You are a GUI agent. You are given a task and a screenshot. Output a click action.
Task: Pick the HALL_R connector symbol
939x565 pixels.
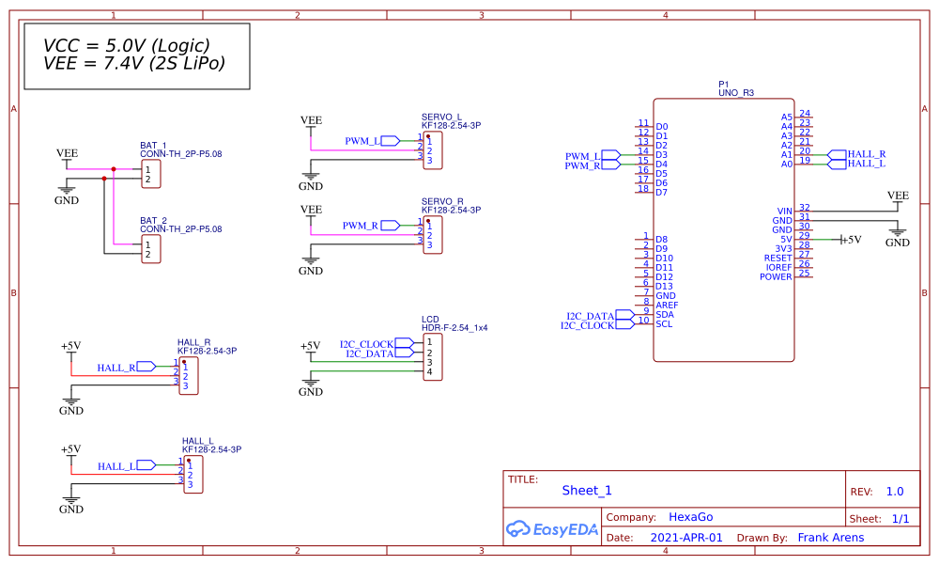[x=188, y=376]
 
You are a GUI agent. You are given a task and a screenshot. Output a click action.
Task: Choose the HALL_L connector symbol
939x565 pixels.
[x=192, y=474]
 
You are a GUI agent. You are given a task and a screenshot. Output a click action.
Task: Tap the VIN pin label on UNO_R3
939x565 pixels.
[x=785, y=212]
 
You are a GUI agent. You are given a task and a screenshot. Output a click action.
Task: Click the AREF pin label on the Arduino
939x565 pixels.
[x=667, y=306]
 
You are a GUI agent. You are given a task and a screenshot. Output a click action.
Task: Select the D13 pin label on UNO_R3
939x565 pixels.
[x=665, y=287]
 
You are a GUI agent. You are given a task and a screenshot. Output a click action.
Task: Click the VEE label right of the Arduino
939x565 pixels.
[x=898, y=196]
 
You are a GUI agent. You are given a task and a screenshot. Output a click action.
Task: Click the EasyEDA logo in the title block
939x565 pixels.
[x=552, y=529]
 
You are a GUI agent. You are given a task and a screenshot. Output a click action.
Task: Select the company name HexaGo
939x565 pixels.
[x=690, y=517]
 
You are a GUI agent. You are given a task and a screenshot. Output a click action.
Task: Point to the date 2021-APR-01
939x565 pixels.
[x=686, y=538]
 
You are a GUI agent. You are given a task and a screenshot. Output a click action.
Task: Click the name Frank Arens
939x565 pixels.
[x=830, y=538]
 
